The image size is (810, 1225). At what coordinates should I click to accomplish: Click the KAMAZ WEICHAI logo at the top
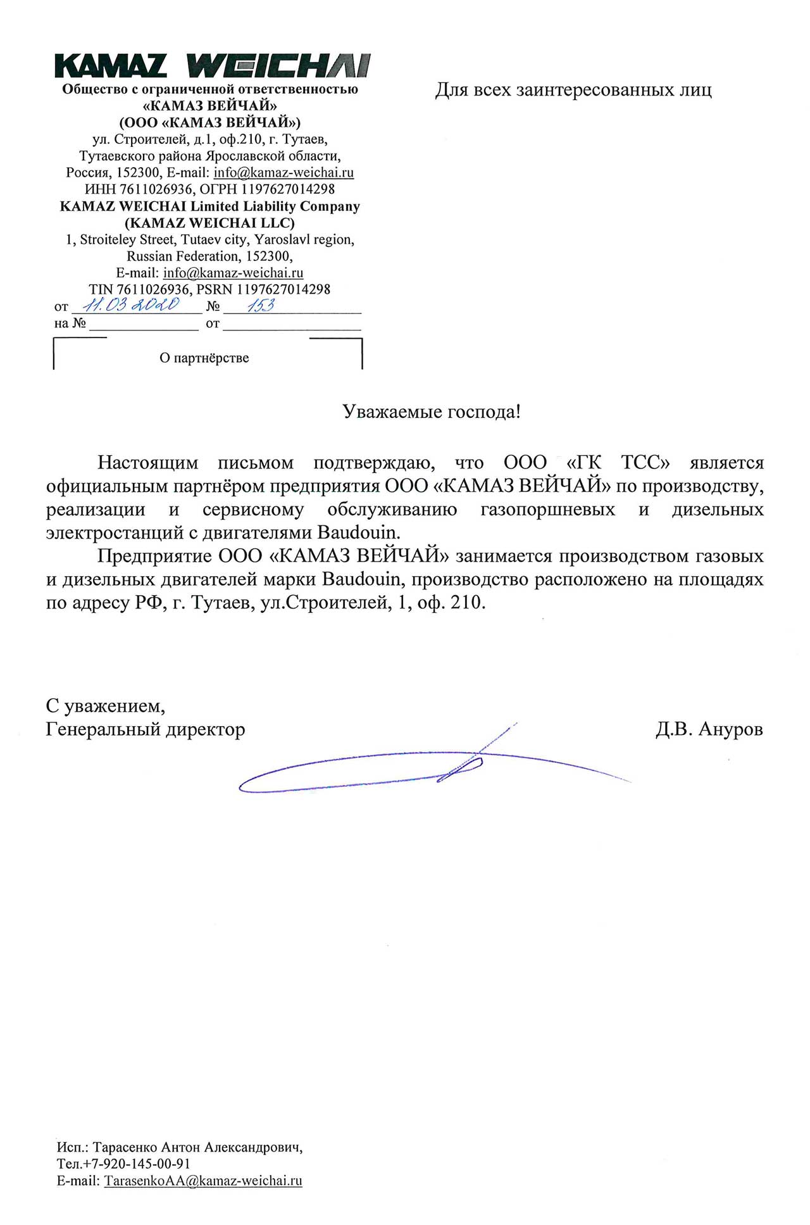point(212,66)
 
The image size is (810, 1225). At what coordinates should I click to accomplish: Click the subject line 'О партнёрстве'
point(204,358)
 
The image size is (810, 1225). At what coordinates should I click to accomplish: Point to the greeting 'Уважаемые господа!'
point(432,412)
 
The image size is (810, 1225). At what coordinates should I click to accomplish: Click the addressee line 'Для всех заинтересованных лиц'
point(573,90)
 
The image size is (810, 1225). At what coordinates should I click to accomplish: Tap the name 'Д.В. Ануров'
point(709,729)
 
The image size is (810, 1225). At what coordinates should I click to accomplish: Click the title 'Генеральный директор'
point(146,730)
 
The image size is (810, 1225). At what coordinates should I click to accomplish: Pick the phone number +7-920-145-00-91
point(132,1164)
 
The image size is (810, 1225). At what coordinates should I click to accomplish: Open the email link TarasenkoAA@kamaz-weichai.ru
point(203,1181)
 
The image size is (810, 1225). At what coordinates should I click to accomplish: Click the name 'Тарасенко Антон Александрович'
point(197,1147)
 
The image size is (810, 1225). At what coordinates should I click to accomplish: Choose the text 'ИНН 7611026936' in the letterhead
point(139,189)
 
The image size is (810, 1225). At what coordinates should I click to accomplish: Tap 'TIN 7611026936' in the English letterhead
point(139,289)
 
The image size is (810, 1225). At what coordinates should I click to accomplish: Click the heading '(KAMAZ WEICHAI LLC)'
point(209,223)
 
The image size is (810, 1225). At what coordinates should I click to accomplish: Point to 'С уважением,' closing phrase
point(106,706)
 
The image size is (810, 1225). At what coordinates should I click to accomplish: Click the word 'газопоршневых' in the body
point(547,510)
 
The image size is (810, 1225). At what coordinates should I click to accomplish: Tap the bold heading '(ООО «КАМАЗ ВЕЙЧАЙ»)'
point(209,122)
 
